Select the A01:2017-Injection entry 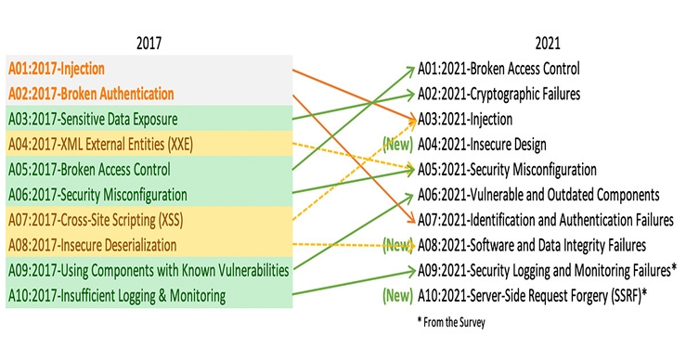pyautogui.click(x=57, y=69)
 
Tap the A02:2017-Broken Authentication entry pyautogui.click(x=91, y=94)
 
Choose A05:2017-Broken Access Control pyautogui.click(x=89, y=170)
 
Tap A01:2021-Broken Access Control pyautogui.click(x=498, y=69)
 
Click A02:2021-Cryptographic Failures pyautogui.click(x=498, y=94)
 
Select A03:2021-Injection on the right pyautogui.click(x=464, y=120)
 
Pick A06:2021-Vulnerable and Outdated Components pyautogui.click(x=537, y=195)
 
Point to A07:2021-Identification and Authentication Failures pyautogui.click(x=544, y=221)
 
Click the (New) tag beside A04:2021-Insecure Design pyautogui.click(x=397, y=145)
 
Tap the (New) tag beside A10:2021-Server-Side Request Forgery pyautogui.click(x=397, y=297)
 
